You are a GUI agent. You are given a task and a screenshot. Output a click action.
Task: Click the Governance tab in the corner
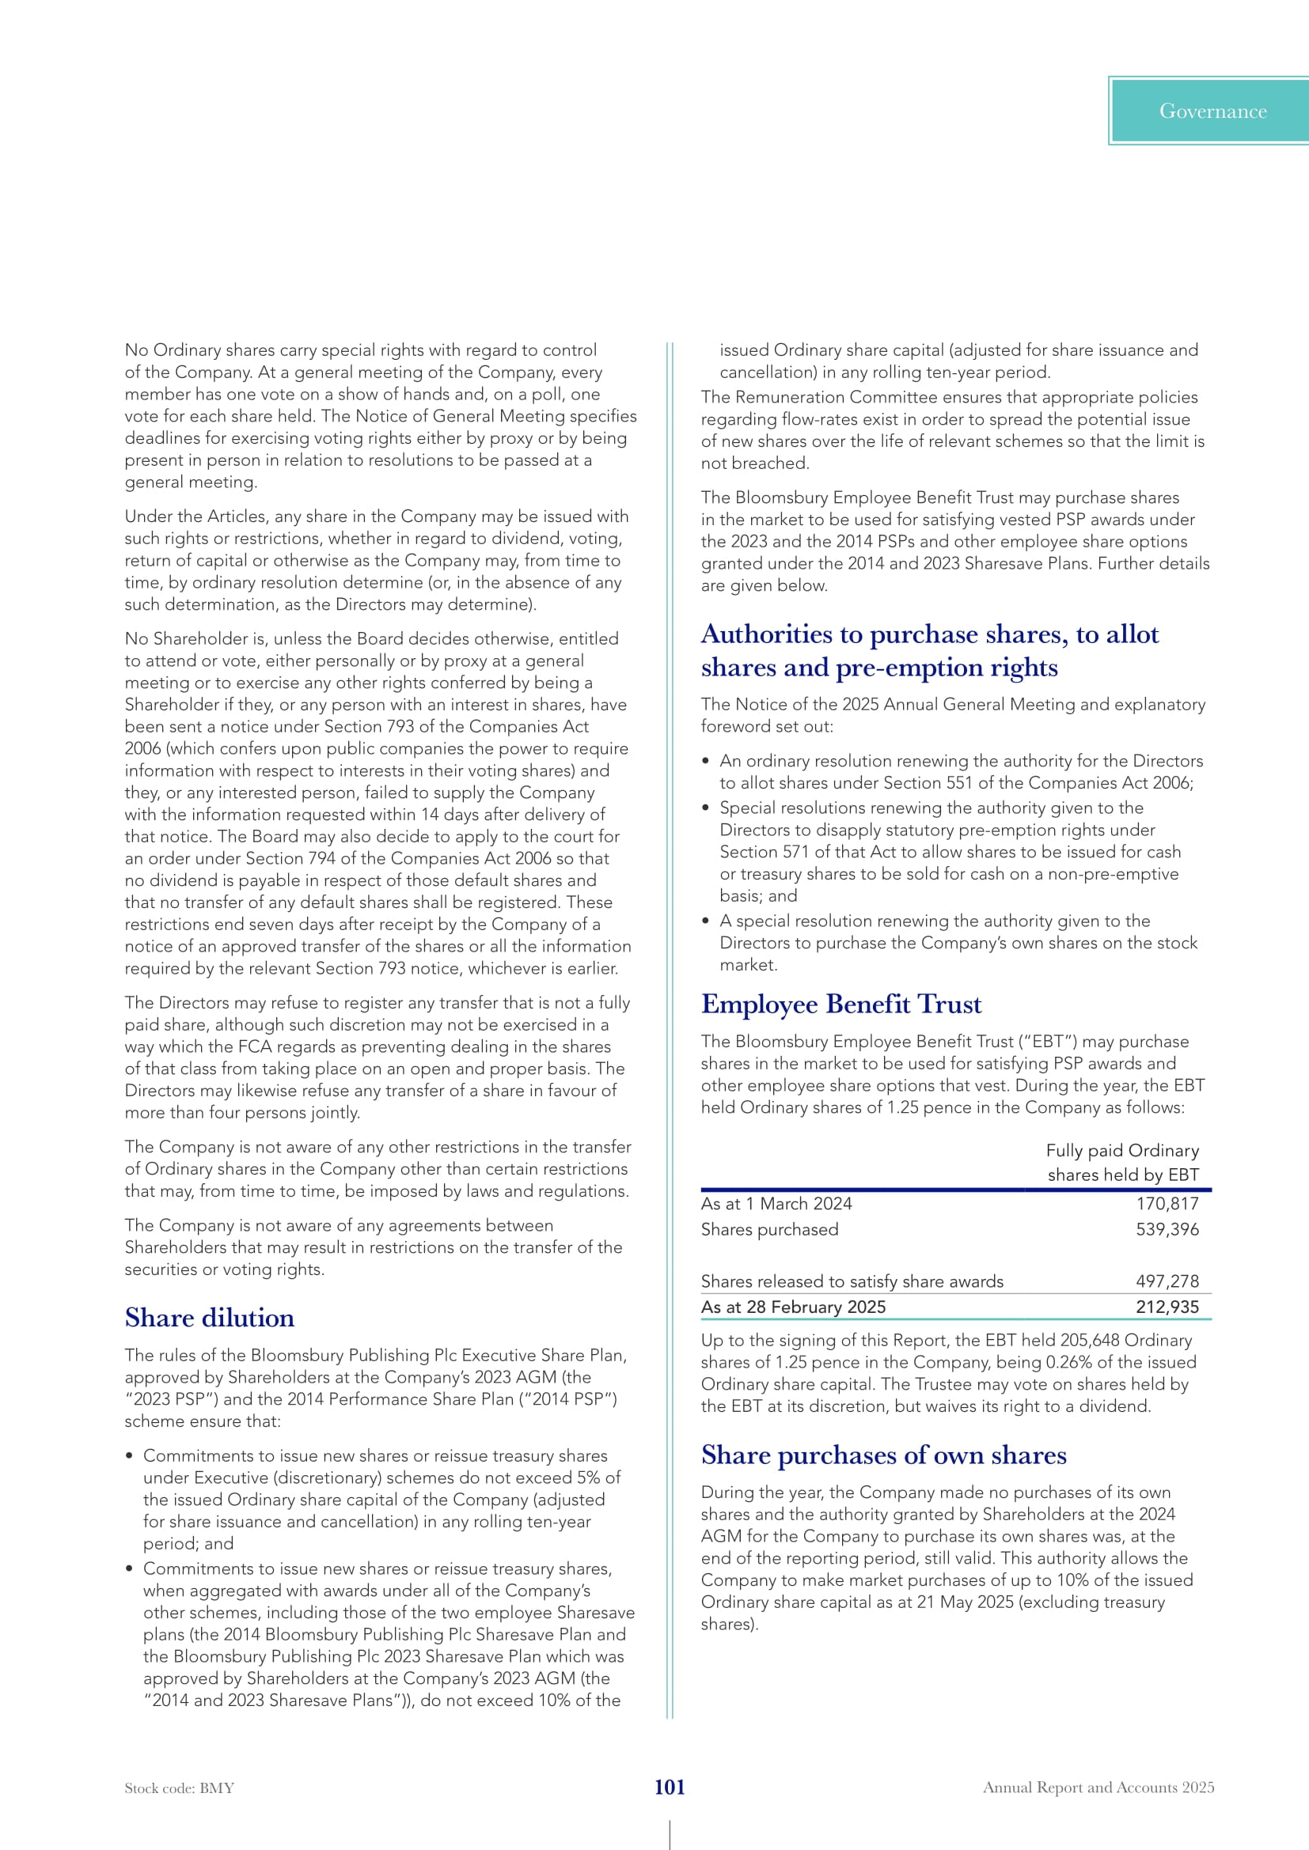click(1212, 112)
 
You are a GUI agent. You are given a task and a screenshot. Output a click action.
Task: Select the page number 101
click(669, 1787)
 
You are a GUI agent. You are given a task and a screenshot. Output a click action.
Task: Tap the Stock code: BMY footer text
click(179, 1788)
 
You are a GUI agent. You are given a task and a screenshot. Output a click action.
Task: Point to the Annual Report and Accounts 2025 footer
click(1098, 1787)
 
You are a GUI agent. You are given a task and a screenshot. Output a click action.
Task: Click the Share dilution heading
click(210, 1318)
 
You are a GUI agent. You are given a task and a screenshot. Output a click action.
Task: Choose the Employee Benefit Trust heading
click(840, 1004)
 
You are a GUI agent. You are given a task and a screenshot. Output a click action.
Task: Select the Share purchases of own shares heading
click(883, 1455)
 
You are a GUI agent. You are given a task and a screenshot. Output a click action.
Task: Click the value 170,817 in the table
click(1167, 1203)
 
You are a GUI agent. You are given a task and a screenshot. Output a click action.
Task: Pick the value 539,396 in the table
click(1167, 1229)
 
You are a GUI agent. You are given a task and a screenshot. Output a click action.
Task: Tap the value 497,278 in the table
click(1167, 1281)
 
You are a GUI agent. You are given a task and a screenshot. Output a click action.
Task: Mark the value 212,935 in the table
click(1167, 1306)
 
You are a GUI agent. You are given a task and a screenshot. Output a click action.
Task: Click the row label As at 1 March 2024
click(776, 1203)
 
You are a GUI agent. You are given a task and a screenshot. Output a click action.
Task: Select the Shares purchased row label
click(769, 1229)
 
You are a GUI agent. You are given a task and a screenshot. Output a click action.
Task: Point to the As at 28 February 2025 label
click(792, 1306)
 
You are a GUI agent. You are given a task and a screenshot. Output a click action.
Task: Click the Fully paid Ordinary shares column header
click(1122, 1162)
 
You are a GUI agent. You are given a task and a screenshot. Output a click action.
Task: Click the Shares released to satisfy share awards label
click(852, 1281)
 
